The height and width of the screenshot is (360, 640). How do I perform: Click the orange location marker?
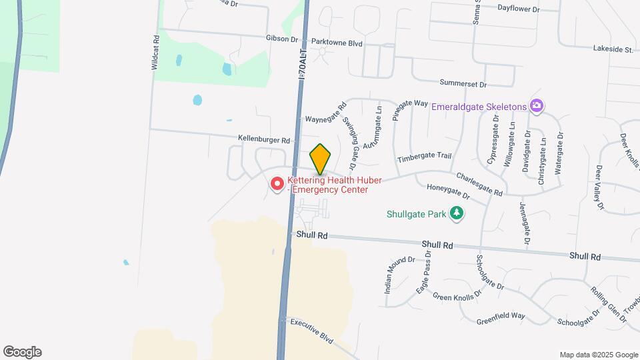point(321,159)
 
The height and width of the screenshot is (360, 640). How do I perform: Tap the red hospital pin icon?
point(277,183)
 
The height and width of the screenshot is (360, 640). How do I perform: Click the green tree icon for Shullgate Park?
point(457,213)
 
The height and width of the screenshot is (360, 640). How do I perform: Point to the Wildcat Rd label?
point(155,53)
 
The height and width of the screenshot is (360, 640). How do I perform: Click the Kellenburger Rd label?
point(265,140)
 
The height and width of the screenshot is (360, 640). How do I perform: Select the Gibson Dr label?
point(282,39)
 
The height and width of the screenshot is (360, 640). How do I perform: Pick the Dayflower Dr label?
point(518,9)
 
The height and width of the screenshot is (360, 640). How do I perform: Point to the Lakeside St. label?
point(613,49)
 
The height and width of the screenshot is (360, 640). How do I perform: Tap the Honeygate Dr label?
point(448,192)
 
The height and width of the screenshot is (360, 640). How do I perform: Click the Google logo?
point(21,352)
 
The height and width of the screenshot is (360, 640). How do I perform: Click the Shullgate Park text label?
point(417,214)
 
